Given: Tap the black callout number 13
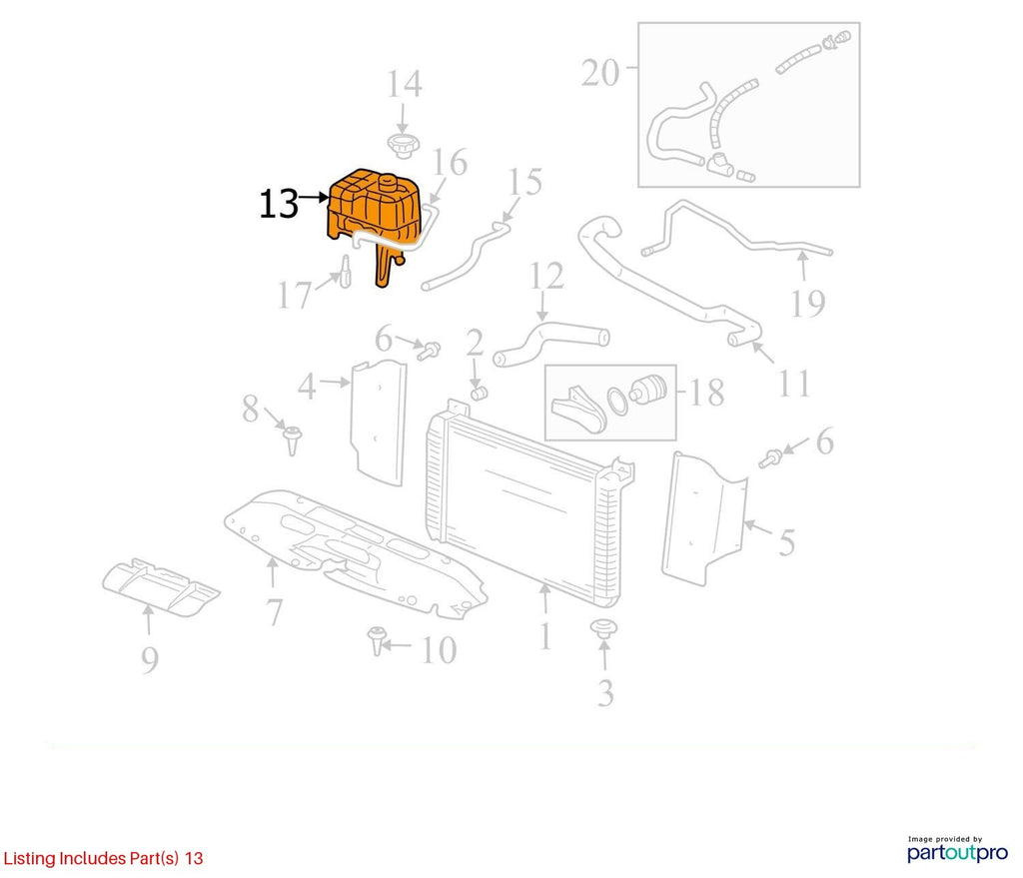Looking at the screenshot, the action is pos(279,204).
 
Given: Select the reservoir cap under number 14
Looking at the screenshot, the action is pos(403,146).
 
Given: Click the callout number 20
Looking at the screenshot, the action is pos(600,72).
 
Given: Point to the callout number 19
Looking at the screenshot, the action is pos(807,304).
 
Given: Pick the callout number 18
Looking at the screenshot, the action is pos(706,393).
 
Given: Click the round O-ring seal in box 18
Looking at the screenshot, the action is pos(617,402).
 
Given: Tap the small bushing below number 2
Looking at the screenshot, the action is pos(480,394).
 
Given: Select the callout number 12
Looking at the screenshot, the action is pos(546,276).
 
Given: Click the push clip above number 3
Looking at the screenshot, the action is pos(604,629).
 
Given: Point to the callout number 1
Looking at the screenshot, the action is pos(545,636).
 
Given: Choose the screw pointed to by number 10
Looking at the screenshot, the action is pos(376,640).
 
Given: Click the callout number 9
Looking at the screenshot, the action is pos(150,660).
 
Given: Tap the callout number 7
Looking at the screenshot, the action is pos(274,612).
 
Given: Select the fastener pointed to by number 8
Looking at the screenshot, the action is pos(293,440).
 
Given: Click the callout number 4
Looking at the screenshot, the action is pos(307,387).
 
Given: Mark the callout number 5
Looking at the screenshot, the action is pos(787,542).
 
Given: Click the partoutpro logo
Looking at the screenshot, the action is pos(957,850).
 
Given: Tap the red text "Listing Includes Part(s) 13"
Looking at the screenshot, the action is pos(103,858).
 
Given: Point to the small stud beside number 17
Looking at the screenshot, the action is pos(345,271).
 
